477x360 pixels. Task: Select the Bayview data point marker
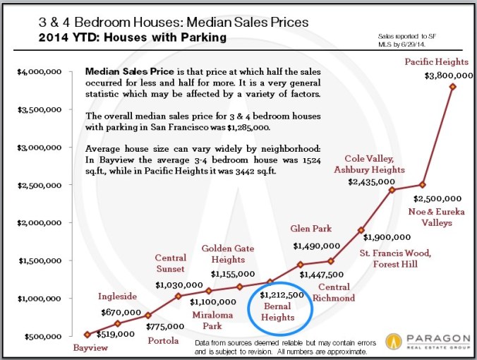87,335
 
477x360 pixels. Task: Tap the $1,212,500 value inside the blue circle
282,295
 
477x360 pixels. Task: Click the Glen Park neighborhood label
311,228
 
